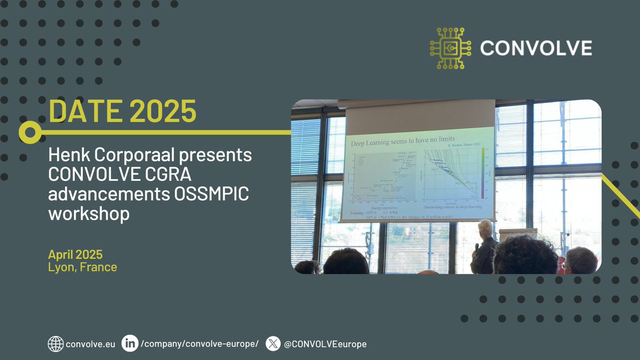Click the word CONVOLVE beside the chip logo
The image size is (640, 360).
(535, 49)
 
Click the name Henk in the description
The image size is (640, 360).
(67, 156)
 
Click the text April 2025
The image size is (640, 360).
(75, 254)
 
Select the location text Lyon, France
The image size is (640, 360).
(82, 267)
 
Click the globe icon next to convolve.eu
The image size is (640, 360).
(55, 344)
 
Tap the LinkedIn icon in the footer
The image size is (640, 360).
(129, 344)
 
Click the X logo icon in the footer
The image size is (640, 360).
(273, 344)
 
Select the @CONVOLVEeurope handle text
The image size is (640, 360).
(325, 345)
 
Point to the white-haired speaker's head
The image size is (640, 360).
(485, 228)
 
